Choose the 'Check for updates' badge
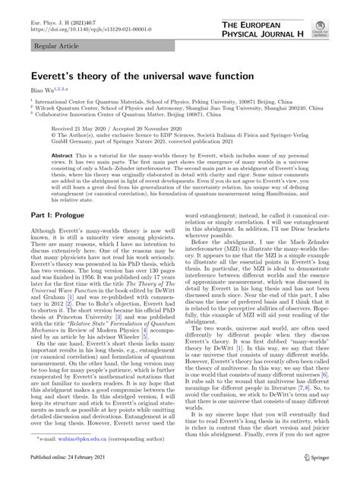pyautogui.click(x=343, y=27)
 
